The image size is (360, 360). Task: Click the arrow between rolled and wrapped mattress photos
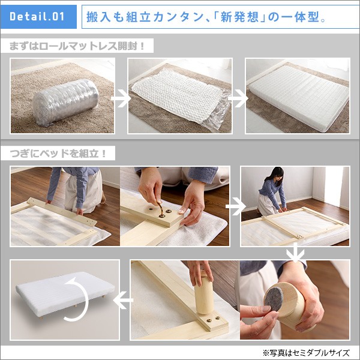pos(121,98)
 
